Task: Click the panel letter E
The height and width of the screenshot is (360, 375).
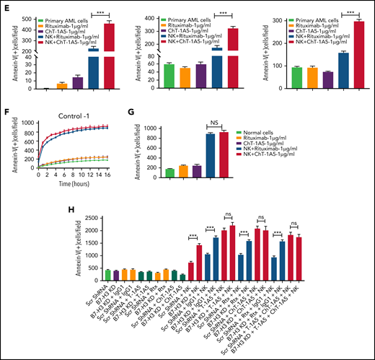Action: pyautogui.click(x=5, y=6)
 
